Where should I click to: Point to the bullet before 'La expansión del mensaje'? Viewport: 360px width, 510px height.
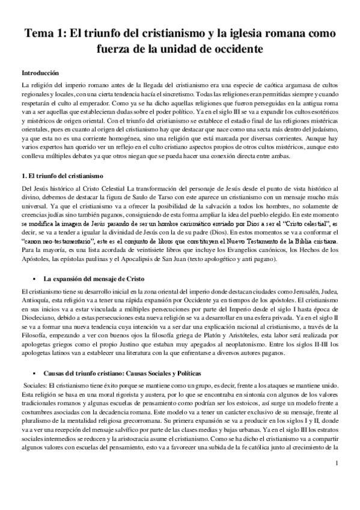[36, 280]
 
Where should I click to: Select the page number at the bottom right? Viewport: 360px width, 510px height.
[338, 479]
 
